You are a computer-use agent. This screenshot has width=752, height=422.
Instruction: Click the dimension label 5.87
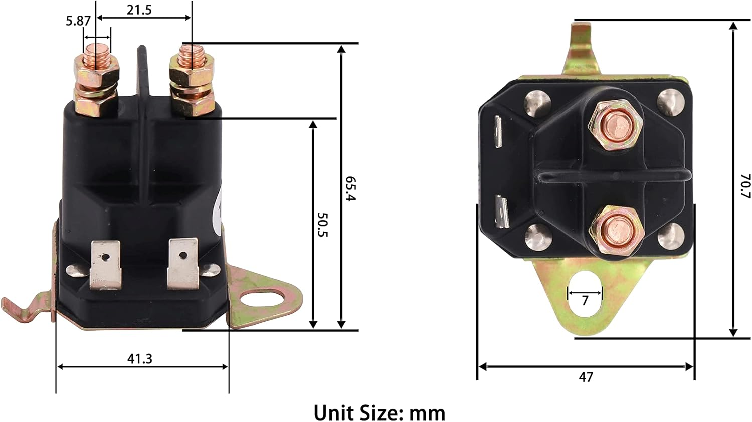[x=78, y=21]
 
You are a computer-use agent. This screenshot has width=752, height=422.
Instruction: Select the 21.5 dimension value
[x=139, y=10]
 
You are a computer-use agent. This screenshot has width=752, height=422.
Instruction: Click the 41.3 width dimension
[x=139, y=359]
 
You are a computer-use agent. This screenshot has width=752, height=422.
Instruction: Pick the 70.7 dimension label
[x=745, y=186]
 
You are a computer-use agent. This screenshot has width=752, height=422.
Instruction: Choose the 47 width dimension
[x=586, y=377]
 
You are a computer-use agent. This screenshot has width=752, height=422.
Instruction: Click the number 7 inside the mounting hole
[x=585, y=301]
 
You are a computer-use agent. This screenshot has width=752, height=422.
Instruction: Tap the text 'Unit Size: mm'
[x=379, y=413]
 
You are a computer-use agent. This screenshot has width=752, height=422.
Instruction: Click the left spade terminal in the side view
[x=105, y=265]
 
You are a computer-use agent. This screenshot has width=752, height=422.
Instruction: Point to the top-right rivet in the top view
[x=671, y=102]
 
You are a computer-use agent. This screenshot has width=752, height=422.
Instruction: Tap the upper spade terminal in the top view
[x=498, y=132]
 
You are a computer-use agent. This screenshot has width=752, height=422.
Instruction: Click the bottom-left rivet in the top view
[x=535, y=235]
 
